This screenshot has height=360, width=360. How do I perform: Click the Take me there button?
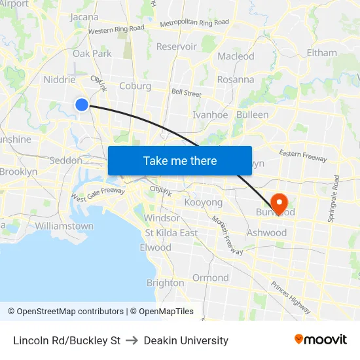point(180,160)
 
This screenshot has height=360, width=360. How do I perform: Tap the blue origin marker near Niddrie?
point(82,104)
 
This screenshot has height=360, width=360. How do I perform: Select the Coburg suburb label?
point(135,86)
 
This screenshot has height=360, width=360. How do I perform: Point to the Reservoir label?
point(176,46)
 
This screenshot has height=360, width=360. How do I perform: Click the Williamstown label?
point(64,226)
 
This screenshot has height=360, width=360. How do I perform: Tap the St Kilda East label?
point(171,233)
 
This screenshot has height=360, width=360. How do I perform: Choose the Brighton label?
point(165,283)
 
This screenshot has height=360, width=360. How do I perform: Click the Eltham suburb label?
point(321,52)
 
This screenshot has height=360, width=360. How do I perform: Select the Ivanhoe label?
point(210,115)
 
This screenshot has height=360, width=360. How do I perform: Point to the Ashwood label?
point(266,232)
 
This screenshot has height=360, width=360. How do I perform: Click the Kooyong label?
point(203,202)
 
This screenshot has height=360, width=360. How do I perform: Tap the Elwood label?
point(155,247)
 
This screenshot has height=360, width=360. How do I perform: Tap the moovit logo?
point(320,339)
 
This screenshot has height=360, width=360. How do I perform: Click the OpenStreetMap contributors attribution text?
point(70,312)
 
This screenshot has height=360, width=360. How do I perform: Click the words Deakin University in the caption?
point(186,340)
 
